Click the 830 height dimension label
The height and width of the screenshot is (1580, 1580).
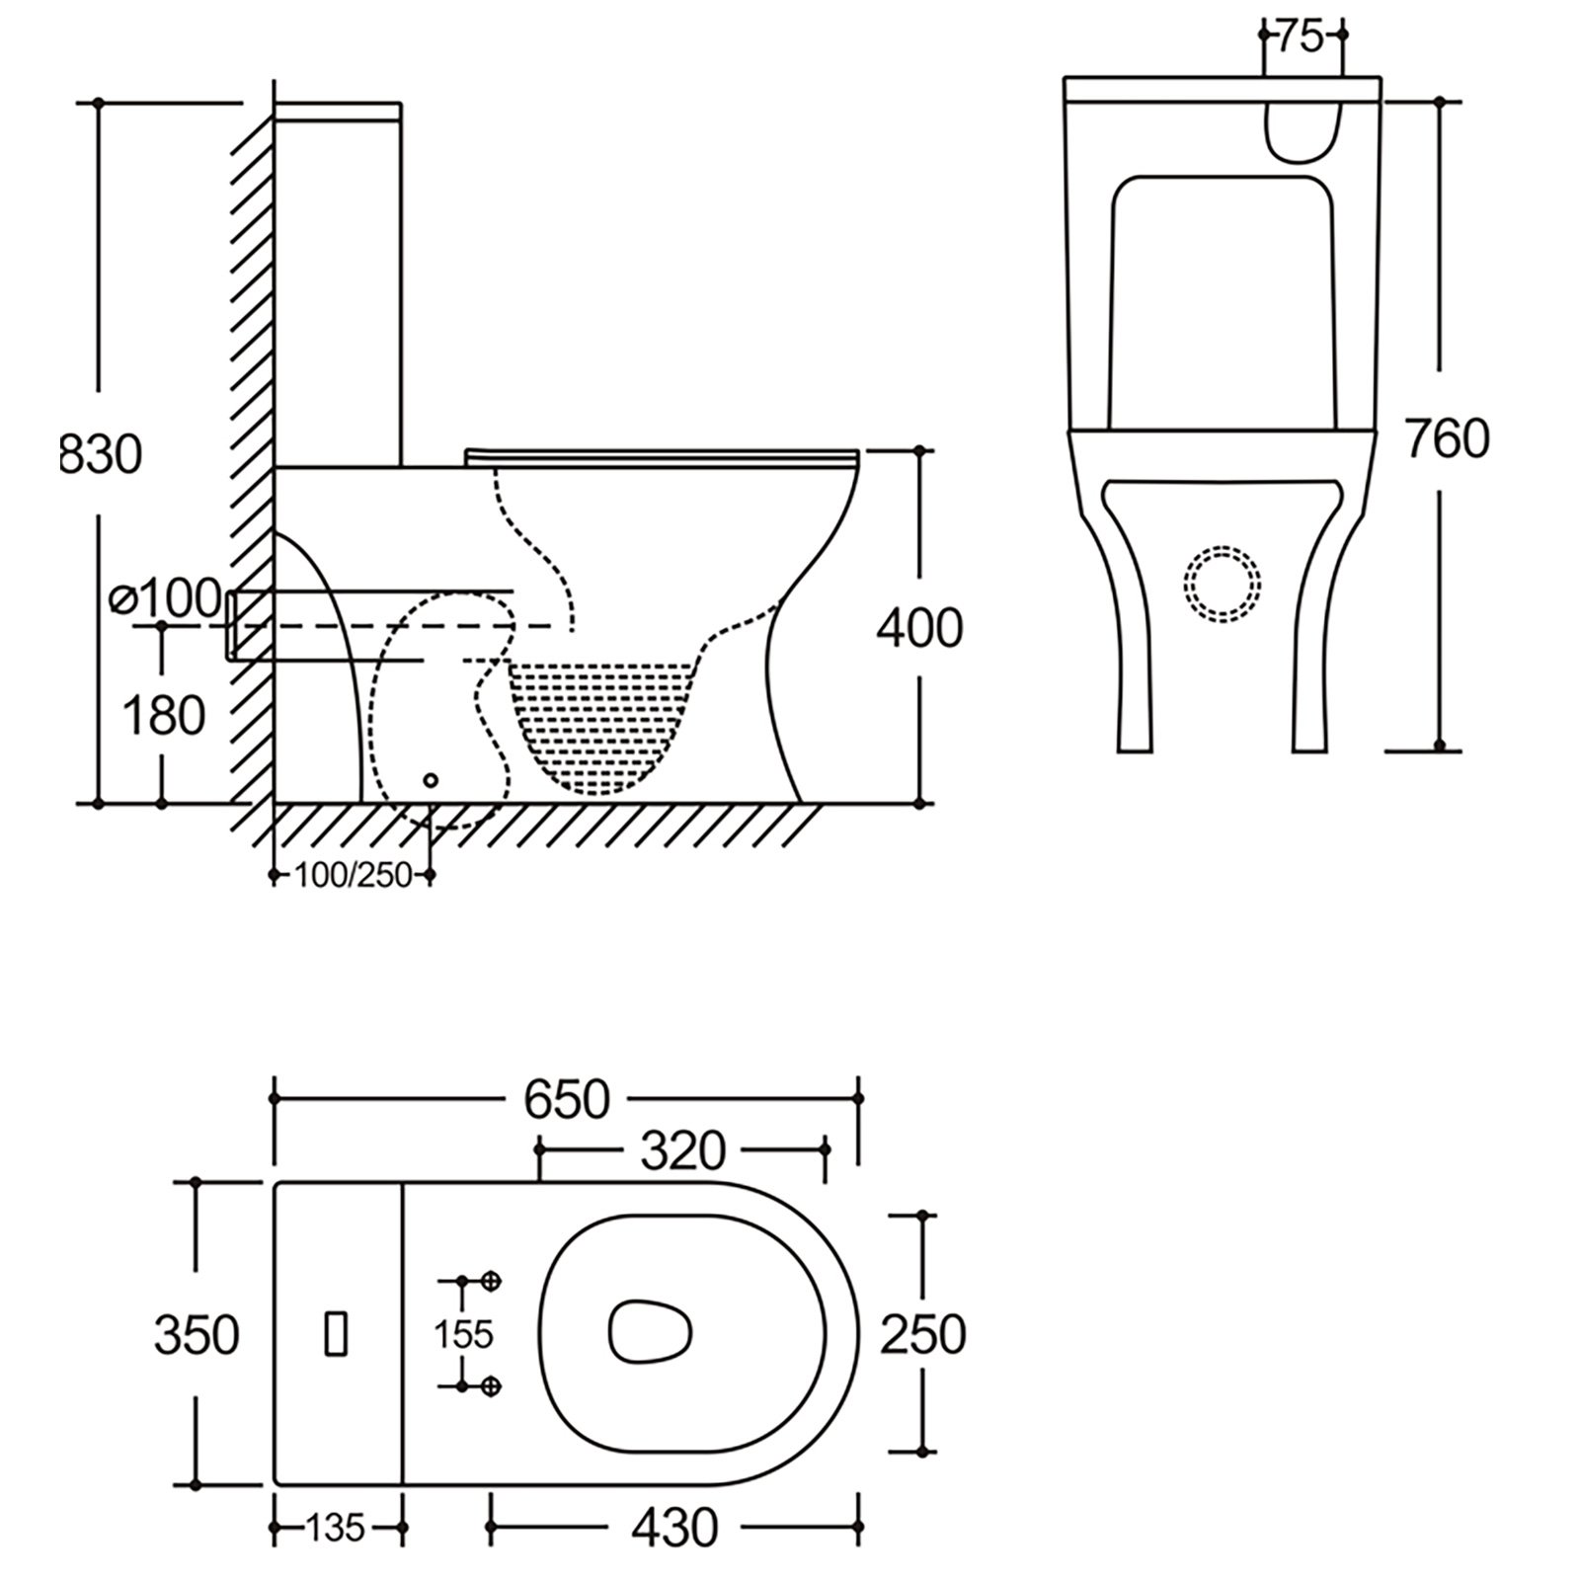click(102, 455)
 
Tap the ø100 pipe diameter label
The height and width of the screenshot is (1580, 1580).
click(166, 598)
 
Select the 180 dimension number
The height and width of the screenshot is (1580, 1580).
click(163, 715)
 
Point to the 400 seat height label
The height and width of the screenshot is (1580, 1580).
click(918, 628)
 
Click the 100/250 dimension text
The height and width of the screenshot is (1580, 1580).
click(353, 875)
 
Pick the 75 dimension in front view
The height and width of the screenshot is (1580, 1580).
click(1301, 37)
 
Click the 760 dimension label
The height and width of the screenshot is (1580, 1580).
click(1446, 438)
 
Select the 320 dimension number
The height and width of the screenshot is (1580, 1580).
click(682, 1149)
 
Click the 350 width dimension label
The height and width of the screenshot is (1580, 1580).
click(197, 1335)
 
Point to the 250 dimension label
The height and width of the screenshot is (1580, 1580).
click(922, 1335)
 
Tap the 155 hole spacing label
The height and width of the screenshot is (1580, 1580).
click(463, 1334)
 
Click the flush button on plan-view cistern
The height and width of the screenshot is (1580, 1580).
click(337, 1333)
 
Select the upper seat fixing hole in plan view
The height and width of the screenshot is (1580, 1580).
click(493, 1281)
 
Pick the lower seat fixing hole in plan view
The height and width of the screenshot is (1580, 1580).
click(493, 1386)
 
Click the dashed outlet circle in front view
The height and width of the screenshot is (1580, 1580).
click(1223, 584)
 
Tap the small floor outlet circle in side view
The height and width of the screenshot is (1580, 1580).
click(430, 780)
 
